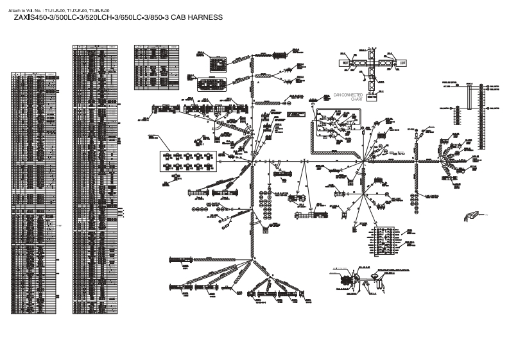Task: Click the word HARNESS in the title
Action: pyautogui.click(x=204, y=18)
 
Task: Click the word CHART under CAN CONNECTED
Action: pyautogui.click(x=357, y=99)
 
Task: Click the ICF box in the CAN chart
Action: pyautogui.click(x=403, y=63)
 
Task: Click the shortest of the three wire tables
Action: pyautogui.click(x=151, y=62)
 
